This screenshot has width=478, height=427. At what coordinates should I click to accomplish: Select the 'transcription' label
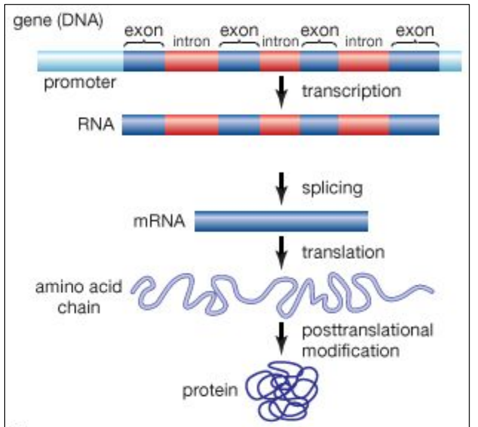350,91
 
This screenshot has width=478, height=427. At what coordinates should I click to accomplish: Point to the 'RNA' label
93,125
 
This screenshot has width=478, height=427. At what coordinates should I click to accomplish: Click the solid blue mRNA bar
281,222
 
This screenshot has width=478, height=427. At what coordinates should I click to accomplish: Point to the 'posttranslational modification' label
367,340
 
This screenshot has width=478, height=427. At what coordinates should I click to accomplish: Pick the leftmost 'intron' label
191,41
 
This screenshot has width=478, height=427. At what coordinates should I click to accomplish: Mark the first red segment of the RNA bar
191,125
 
